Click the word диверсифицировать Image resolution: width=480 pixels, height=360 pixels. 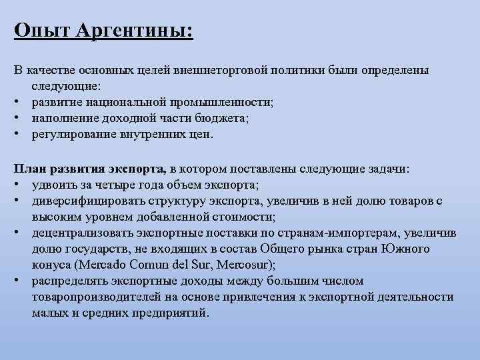point(83,201)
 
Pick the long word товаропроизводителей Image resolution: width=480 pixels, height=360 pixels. point(93,296)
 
